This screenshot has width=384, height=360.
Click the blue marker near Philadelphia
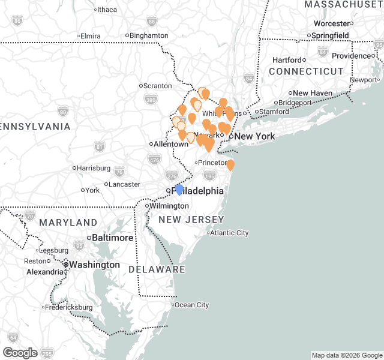[x=179, y=190]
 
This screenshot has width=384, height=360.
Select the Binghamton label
[x=149, y=35]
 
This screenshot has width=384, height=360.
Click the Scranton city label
[x=158, y=86]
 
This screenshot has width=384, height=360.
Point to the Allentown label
[x=171, y=144]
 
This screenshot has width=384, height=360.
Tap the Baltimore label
[x=112, y=238]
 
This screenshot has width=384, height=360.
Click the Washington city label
[x=94, y=265]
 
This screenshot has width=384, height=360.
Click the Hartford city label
[x=287, y=60]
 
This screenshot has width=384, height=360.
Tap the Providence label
[x=352, y=56]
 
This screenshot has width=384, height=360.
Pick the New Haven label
[x=313, y=93]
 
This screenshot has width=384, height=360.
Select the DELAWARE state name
[x=157, y=269]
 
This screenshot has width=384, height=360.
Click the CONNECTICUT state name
[x=306, y=71]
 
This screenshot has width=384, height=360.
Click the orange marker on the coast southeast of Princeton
[x=230, y=165]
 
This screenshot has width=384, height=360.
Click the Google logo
[x=20, y=353]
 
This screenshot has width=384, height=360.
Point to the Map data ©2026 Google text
[x=346, y=355]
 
